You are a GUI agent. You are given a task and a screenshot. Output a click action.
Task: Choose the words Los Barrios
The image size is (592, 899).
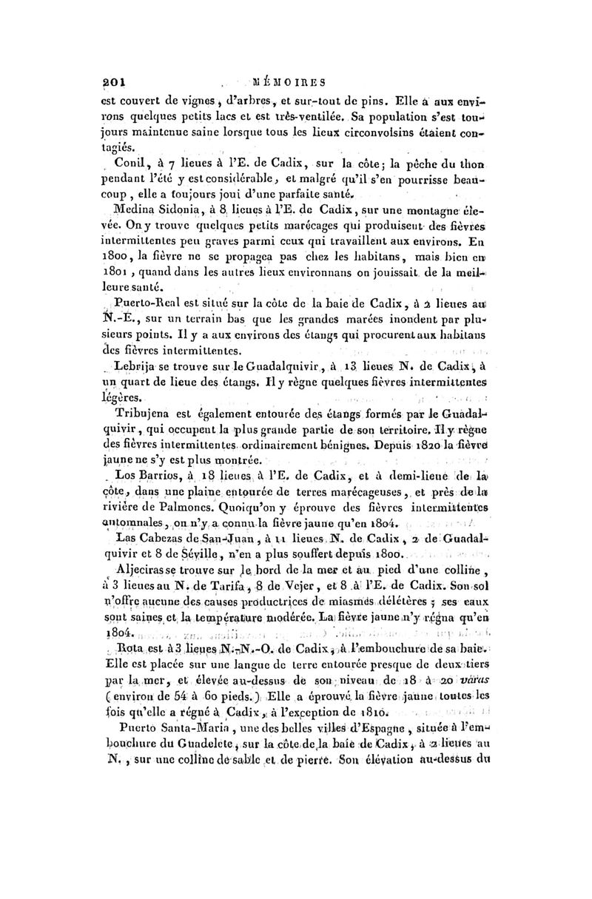click(144, 477)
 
